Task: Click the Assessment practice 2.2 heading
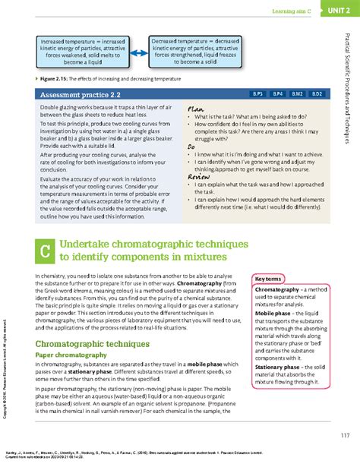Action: tap(76, 95)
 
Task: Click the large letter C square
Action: tap(45, 251)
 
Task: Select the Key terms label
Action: tap(269, 279)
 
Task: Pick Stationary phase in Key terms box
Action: tap(278, 367)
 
